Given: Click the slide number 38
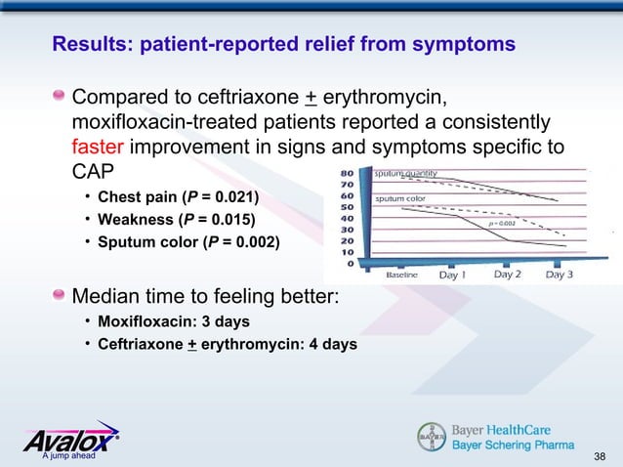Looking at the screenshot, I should [600, 455].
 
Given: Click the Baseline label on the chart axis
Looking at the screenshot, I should [402, 276].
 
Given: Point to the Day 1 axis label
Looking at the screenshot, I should [452, 275].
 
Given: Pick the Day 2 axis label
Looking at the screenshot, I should [507, 275].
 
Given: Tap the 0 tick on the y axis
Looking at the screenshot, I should [351, 262].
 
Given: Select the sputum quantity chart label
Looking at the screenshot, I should [405, 174].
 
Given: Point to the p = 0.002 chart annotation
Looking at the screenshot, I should [502, 224].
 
